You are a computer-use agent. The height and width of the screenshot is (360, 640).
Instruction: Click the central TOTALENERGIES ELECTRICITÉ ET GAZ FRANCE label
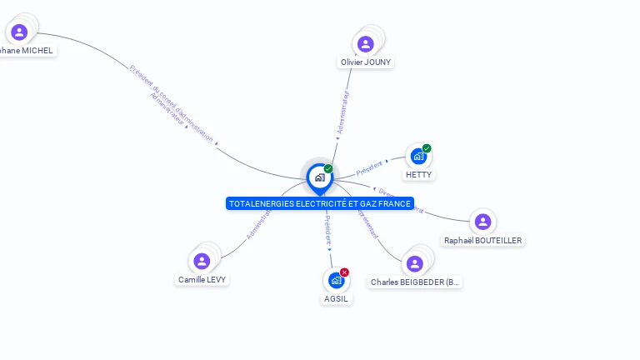(x=320, y=203)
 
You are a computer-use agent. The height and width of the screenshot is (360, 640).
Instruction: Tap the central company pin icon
(x=319, y=177)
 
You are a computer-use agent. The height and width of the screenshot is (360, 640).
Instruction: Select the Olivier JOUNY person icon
(x=365, y=44)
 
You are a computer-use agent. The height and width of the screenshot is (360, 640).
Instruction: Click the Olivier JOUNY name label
(x=366, y=62)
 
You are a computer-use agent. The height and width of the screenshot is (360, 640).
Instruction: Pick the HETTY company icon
(x=417, y=157)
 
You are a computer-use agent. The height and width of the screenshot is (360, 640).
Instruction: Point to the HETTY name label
(x=418, y=175)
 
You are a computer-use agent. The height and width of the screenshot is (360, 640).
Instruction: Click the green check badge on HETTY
(x=427, y=148)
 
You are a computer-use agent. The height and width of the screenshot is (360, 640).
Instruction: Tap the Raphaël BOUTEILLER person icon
(x=482, y=222)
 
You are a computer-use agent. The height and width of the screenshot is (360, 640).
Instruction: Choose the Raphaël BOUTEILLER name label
(x=483, y=241)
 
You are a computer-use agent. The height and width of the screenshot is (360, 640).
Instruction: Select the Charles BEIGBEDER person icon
(x=413, y=264)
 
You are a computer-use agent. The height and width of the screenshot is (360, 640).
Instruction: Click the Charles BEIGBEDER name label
(x=415, y=282)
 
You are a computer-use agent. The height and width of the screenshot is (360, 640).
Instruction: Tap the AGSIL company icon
(x=335, y=280)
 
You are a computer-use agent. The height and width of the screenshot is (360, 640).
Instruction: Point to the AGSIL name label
(x=336, y=299)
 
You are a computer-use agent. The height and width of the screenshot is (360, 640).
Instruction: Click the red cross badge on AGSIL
(x=344, y=272)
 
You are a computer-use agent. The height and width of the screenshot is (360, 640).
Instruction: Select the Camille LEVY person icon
(x=201, y=261)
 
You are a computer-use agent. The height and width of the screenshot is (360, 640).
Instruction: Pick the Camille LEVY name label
(x=202, y=280)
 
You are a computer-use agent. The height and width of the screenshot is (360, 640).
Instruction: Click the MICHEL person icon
(x=19, y=32)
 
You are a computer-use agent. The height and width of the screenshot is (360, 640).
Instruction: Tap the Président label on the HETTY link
(x=369, y=167)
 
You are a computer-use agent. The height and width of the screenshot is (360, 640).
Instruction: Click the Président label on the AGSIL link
(x=327, y=229)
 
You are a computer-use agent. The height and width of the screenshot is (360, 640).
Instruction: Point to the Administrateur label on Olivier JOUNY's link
(x=342, y=112)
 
